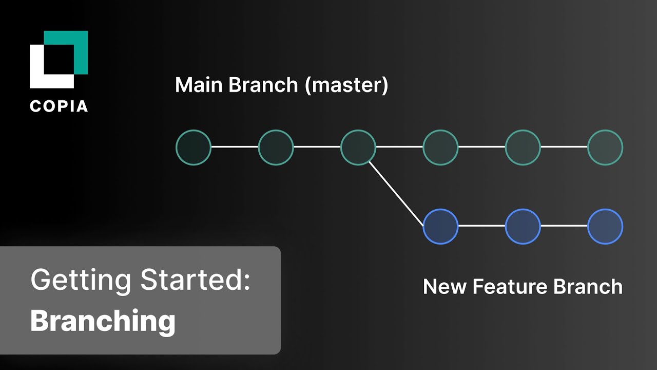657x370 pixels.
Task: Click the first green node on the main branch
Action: click(194, 147)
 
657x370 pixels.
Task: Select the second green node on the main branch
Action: click(276, 147)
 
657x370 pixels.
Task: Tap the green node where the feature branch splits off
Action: click(358, 147)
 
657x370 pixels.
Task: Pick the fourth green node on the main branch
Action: click(440, 147)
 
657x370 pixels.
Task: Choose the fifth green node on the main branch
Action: click(523, 147)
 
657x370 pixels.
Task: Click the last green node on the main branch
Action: click(605, 147)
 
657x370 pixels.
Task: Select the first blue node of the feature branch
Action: click(440, 226)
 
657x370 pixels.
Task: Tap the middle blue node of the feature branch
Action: click(523, 226)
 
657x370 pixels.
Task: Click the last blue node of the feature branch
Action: click(605, 226)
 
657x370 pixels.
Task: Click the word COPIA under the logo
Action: click(59, 106)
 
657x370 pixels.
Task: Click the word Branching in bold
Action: click(103, 321)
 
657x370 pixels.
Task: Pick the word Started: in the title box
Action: click(196, 281)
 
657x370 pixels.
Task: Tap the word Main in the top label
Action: click(199, 85)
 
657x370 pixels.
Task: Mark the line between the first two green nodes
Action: click(235, 147)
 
